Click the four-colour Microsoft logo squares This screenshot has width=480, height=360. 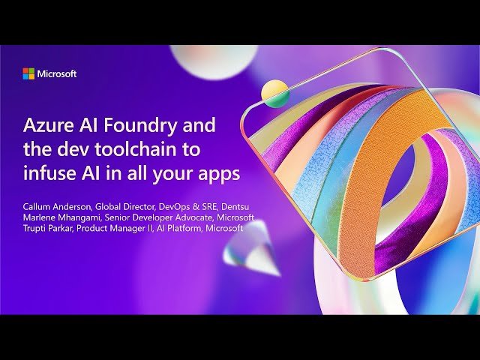coord(28,73)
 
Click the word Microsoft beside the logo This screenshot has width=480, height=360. coord(57,73)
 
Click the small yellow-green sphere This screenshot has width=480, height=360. coord(275,94)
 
